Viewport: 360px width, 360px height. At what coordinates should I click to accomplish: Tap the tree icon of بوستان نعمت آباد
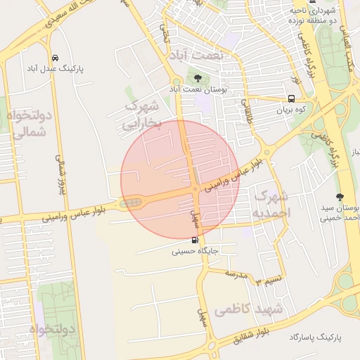(198, 77)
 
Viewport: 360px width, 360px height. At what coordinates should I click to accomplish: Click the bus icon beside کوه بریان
(292, 98)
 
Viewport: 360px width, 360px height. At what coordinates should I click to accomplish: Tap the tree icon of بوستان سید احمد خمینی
(341, 197)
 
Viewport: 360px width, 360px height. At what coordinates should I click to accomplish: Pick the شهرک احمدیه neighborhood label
(271, 203)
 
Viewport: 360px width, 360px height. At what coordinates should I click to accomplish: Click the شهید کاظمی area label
(250, 309)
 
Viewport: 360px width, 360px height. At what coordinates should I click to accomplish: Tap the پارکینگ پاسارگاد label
(314, 338)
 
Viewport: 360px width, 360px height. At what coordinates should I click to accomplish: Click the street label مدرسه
(236, 274)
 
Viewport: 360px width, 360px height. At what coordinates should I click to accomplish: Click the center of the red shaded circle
(180, 179)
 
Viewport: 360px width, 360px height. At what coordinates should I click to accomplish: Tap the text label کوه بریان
(293, 110)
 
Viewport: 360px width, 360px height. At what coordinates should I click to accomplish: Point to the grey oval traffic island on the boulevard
(131, 203)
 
